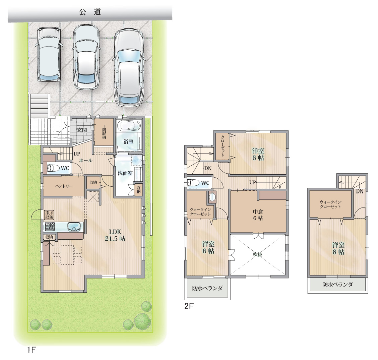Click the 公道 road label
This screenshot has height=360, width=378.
[x=90, y=12]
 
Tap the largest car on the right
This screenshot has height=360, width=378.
[x=130, y=68]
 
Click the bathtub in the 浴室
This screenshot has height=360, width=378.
[x=128, y=126]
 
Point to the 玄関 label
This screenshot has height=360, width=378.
[x=82, y=130]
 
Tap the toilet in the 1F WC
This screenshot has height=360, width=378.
[x=52, y=168]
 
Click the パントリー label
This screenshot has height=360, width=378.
[x=64, y=186]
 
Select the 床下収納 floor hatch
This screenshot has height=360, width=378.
[x=49, y=215]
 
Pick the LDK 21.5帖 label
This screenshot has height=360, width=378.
[x=115, y=235]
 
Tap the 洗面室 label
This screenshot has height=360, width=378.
[x=125, y=173]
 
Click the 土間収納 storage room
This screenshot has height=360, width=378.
[x=104, y=132]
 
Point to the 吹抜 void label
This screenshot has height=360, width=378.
[x=258, y=254]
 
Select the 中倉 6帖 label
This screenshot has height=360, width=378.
[x=258, y=215]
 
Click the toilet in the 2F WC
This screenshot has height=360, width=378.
[x=192, y=183]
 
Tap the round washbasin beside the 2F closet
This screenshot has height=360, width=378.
[x=212, y=197]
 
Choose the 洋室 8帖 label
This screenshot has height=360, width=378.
[x=338, y=249]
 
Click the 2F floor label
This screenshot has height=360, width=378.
[x=189, y=306]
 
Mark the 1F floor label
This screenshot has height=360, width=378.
[x=31, y=350]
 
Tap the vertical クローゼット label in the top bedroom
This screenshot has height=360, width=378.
[x=223, y=146]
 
